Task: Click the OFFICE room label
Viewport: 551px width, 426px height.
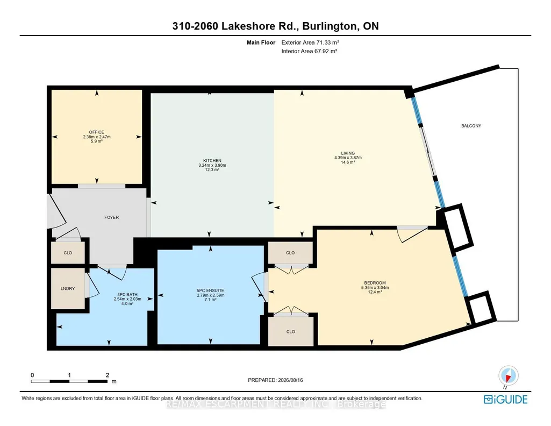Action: click(x=97, y=132)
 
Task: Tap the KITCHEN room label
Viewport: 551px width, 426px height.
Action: click(x=212, y=161)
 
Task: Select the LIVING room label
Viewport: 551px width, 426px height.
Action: click(x=348, y=153)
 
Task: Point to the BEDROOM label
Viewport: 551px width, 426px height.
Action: click(x=375, y=283)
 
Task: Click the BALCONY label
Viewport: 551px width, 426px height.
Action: click(x=471, y=126)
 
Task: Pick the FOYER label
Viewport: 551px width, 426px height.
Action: click(x=111, y=217)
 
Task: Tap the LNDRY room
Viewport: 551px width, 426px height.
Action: click(x=68, y=288)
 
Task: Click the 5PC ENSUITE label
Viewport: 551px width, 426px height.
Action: click(x=211, y=290)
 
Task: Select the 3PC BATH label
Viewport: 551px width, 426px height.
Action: click(x=127, y=295)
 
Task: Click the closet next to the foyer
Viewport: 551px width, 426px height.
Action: click(x=68, y=253)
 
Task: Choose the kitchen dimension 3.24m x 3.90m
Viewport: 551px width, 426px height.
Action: click(x=212, y=165)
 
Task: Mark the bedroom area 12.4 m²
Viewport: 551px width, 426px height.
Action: click(x=375, y=292)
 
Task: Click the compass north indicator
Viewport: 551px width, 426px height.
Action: click(x=508, y=376)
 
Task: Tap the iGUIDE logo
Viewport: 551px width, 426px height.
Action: click(x=506, y=400)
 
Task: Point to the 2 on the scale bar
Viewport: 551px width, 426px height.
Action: click(x=108, y=375)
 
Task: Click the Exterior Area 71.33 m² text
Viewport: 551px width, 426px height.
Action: click(x=310, y=42)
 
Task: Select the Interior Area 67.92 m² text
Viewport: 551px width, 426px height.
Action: click(x=309, y=51)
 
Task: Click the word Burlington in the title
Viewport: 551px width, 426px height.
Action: click(x=330, y=26)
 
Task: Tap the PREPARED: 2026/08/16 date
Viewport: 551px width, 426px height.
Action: click(x=275, y=380)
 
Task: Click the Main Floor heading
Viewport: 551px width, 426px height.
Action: click(x=261, y=42)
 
